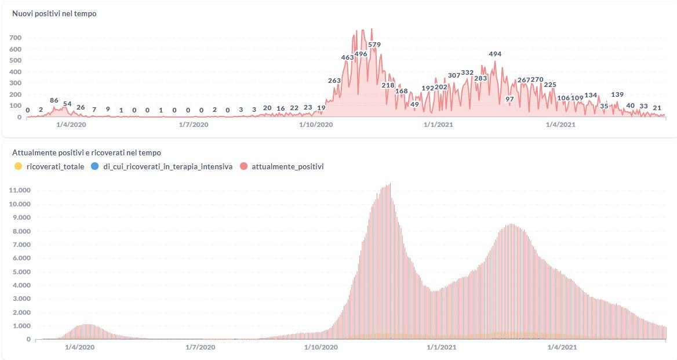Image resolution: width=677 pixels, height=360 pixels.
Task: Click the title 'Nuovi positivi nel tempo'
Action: (54, 13)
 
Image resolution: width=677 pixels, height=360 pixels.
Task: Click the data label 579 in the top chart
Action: (374, 45)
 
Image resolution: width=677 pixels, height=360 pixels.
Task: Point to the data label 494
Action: (495, 54)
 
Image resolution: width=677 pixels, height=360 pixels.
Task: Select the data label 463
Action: (347, 57)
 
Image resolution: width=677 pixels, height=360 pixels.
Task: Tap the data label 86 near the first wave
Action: (54, 100)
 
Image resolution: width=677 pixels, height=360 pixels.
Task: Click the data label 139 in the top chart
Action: (617, 94)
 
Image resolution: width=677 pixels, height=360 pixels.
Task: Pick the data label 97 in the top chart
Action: (509, 99)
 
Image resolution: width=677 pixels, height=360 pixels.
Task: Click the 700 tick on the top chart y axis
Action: (16, 38)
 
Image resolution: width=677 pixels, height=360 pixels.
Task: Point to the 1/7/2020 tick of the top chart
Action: (193, 124)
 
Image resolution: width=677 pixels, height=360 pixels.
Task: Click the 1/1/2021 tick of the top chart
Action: (438, 124)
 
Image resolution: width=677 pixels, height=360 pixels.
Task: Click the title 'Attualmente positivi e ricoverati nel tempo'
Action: (87, 152)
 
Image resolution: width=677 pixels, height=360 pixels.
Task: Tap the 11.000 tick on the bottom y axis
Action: (20, 191)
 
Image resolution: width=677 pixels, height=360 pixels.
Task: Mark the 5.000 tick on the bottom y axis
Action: (20, 272)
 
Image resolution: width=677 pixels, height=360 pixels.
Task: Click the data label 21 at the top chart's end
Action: (657, 108)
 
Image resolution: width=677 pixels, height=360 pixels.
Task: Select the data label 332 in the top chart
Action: (467, 72)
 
